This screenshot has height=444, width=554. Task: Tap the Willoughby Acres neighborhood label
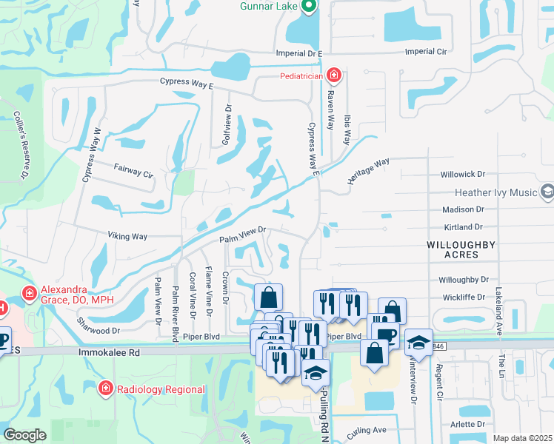[461, 249]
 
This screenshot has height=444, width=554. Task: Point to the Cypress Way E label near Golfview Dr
[184, 85]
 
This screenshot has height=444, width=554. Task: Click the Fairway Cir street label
[133, 172]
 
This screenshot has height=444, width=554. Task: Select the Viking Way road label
[128, 237]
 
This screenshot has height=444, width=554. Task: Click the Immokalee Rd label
[109, 354]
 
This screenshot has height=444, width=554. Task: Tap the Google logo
[24, 435]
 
